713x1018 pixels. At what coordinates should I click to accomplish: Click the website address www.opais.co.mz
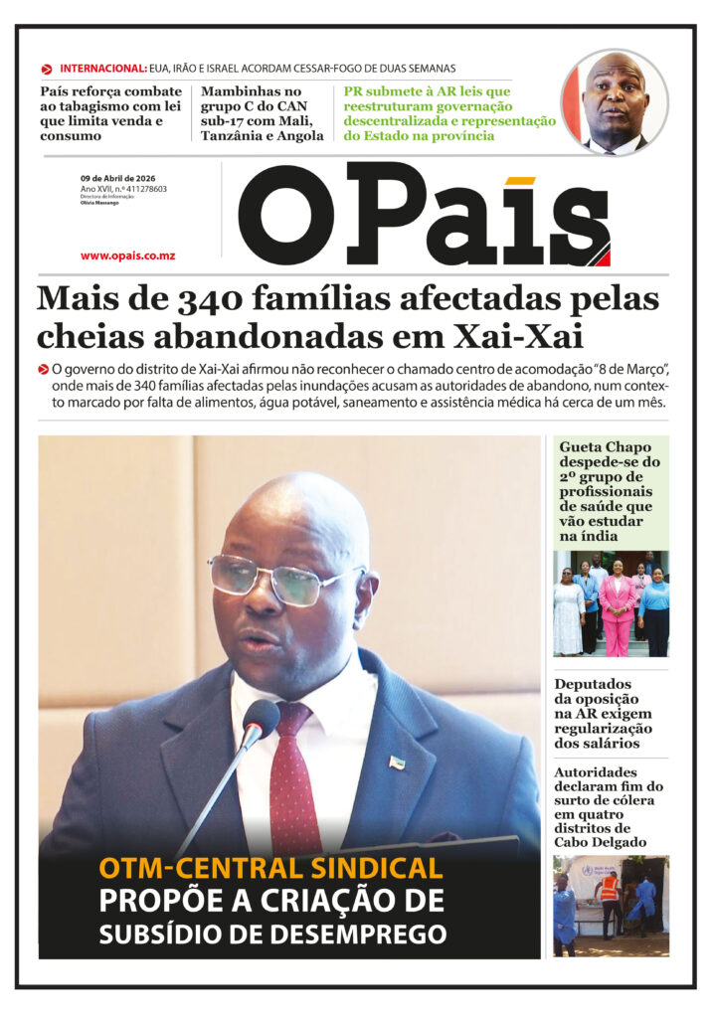pyautogui.click(x=127, y=255)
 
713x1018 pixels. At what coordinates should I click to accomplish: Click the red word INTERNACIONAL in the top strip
pyautogui.click(x=103, y=69)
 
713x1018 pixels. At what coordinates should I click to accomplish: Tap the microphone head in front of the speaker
pyautogui.click(x=261, y=721)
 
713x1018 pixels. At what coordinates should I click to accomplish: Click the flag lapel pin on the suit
pyautogui.click(x=396, y=762)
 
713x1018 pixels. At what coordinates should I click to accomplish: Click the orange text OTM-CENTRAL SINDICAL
pyautogui.click(x=270, y=868)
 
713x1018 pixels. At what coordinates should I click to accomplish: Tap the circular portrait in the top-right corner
pyautogui.click(x=614, y=102)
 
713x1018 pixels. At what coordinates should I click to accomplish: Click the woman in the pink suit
pyautogui.click(x=617, y=608)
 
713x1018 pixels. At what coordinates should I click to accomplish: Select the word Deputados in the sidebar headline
pyautogui.click(x=593, y=684)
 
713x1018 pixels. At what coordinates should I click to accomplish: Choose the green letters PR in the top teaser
pyautogui.click(x=353, y=91)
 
